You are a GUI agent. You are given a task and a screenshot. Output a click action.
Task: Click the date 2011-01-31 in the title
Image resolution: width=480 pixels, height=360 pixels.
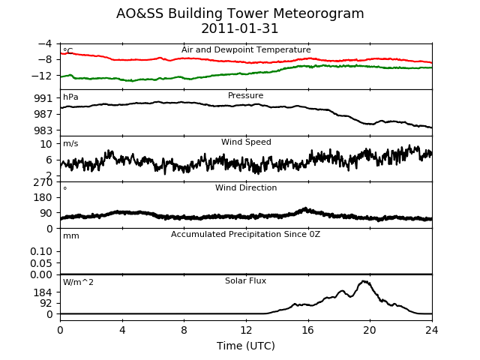click(x=240, y=28)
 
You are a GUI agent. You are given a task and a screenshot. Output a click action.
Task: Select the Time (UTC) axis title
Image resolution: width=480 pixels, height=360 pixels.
click(x=246, y=346)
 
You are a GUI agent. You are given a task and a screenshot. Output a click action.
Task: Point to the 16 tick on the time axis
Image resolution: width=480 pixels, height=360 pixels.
click(x=308, y=330)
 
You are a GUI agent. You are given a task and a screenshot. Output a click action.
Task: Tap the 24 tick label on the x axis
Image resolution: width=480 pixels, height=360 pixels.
click(x=432, y=330)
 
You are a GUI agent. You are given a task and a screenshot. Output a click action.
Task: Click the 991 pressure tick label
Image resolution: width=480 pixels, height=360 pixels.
click(x=43, y=98)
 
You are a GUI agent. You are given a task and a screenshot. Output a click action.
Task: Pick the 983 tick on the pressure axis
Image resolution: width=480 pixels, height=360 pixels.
click(x=43, y=130)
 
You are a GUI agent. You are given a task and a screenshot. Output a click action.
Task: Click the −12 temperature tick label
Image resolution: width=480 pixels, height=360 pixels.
click(x=42, y=76)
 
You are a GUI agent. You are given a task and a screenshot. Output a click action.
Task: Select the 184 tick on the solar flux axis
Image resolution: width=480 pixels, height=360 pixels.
click(x=43, y=292)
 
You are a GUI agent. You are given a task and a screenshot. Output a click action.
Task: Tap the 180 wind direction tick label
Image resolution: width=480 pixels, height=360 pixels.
click(x=43, y=197)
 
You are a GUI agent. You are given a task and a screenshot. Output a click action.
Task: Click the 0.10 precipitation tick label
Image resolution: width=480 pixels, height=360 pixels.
click(x=41, y=252)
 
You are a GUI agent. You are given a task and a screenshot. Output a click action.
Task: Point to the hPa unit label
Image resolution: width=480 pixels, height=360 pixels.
click(x=70, y=97)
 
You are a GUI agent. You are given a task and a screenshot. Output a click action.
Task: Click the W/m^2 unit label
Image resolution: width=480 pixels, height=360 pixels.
click(x=78, y=282)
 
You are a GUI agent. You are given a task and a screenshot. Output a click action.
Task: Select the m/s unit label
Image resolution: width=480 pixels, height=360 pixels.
click(x=70, y=143)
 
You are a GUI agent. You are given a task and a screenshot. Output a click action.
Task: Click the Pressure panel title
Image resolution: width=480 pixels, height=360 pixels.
click(x=245, y=95)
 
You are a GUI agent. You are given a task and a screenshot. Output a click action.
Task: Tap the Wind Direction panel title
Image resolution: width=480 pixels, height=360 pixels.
click(x=246, y=187)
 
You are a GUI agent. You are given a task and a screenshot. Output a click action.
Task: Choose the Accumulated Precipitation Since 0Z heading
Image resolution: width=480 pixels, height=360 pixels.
click(x=245, y=235)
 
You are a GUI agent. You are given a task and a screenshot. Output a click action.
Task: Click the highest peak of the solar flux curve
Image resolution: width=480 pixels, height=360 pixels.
click(x=364, y=281)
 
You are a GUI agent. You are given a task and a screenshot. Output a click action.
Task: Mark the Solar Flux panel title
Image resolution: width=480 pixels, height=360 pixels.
click(x=245, y=280)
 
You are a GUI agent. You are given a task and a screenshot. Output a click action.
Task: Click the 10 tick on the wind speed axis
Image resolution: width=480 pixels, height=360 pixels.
click(x=46, y=144)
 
